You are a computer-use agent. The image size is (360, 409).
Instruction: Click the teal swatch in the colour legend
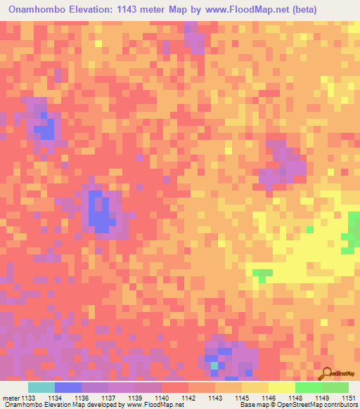[41, 387]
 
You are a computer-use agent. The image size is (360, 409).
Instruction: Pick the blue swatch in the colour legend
[68, 387]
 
